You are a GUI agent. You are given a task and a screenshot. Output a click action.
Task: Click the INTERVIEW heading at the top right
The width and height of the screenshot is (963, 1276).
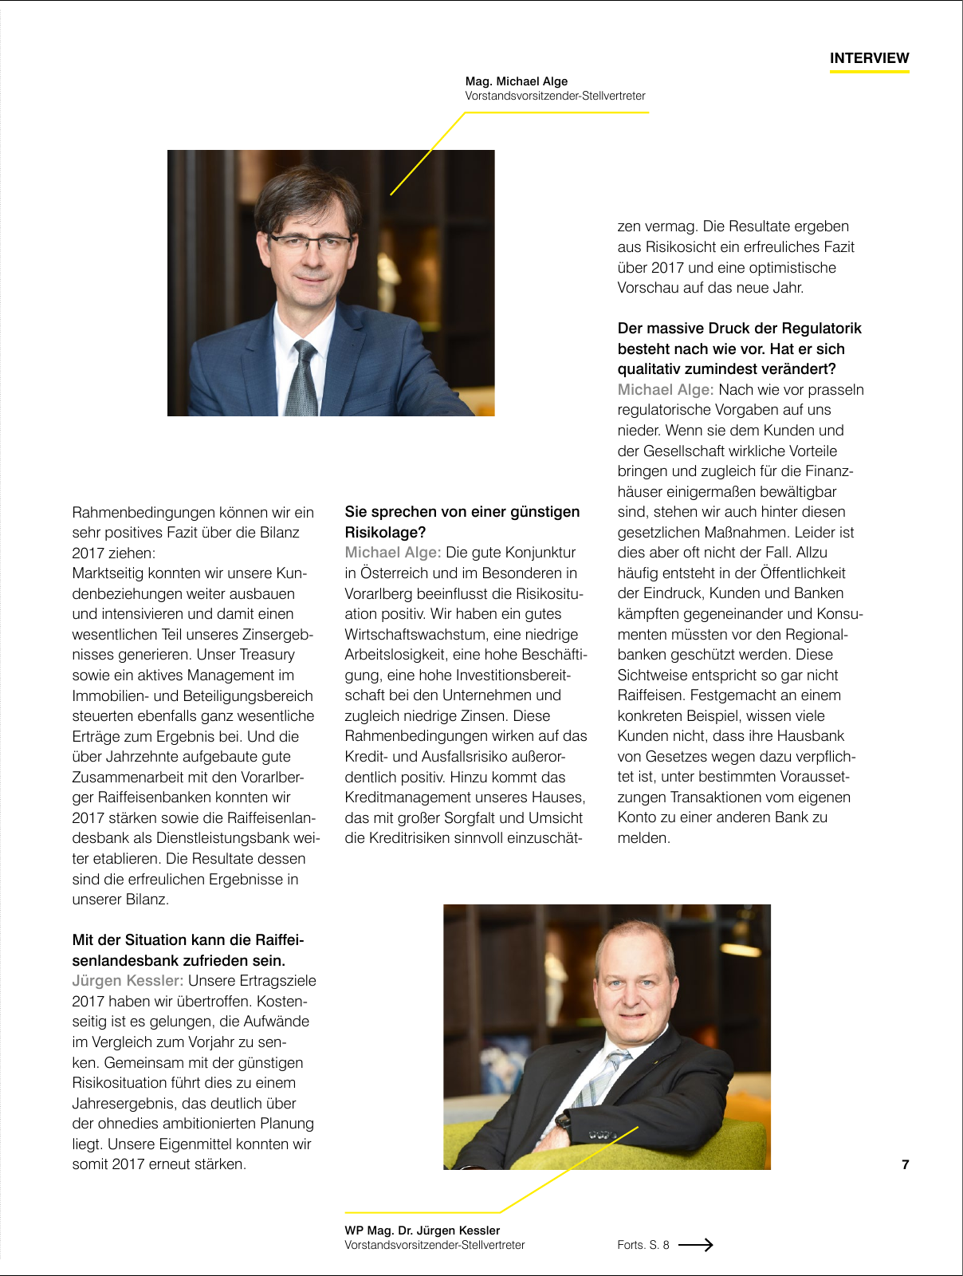point(869,58)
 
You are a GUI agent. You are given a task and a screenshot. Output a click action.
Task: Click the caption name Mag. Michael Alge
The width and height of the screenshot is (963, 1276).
point(517,81)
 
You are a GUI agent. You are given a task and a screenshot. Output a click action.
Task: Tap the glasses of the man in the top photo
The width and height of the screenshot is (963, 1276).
point(311,242)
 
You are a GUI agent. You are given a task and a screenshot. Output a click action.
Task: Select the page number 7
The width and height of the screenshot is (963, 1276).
point(905,1164)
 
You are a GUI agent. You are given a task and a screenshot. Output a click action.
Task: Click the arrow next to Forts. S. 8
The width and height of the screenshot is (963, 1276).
point(695,1244)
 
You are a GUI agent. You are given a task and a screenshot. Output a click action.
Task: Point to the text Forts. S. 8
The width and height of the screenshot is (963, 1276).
point(643,1245)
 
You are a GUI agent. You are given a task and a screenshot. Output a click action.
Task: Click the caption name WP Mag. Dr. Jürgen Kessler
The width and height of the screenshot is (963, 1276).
point(423,1231)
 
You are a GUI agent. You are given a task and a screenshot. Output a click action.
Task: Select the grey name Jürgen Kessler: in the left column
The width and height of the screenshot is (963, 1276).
point(128,981)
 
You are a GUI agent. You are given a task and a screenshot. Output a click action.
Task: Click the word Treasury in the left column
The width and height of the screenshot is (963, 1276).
point(267,655)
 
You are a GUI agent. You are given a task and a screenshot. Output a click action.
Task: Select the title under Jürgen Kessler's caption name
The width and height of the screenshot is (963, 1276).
point(434,1245)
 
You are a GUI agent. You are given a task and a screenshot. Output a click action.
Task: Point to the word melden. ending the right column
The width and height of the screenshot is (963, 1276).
point(643,838)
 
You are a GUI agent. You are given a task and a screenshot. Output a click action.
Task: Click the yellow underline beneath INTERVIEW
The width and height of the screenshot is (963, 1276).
point(869,72)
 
